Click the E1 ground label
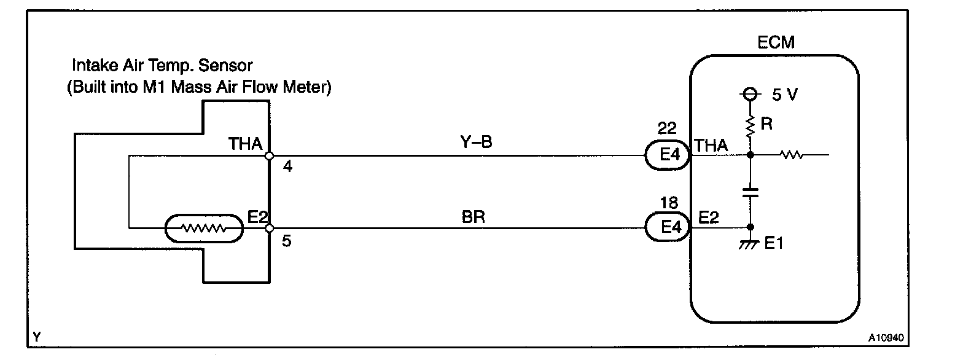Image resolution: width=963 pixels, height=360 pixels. click(772, 244)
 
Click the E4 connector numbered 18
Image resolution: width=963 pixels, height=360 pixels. click(667, 229)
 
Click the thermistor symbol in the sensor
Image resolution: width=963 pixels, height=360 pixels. click(204, 229)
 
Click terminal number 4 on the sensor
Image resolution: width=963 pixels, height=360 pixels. click(287, 168)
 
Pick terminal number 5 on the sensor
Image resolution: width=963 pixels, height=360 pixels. click(287, 241)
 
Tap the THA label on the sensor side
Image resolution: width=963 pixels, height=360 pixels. click(245, 144)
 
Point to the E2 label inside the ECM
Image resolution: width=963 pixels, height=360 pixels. click(709, 217)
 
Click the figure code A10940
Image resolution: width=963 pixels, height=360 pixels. click(886, 337)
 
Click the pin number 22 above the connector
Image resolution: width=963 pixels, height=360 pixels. click(667, 128)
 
